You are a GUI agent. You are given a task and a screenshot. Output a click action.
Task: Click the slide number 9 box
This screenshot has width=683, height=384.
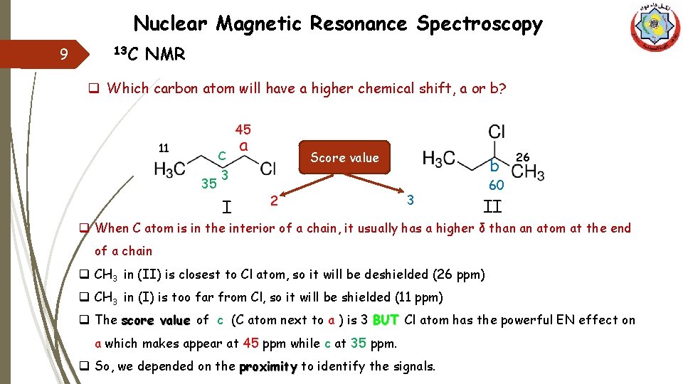pos(64,54)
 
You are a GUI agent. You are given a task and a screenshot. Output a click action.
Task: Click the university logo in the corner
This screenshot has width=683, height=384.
pos(655,28)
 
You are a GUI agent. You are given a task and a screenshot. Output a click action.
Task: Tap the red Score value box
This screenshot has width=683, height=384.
pos(344,158)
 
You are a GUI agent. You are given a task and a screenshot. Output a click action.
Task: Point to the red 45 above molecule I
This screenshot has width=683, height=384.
pos(243,129)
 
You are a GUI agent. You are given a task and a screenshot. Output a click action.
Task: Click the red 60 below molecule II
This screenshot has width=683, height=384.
pos(496,186)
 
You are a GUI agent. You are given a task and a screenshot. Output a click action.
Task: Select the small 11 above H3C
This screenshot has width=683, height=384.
pos(164,149)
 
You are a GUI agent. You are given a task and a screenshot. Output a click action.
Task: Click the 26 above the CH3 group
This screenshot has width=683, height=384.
pos(523,156)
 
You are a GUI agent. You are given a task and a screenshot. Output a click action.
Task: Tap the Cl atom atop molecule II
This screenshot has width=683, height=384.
pos(497,132)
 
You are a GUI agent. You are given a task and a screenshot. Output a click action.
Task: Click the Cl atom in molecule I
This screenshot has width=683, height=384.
pos(268,169)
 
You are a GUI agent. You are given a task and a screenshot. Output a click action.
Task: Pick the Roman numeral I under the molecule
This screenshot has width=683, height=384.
pos(226,208)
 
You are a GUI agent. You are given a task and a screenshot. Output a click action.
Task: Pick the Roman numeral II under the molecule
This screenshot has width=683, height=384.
pos(492,208)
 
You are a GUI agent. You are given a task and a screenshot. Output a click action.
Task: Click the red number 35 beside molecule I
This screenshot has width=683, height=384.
pos(208,184)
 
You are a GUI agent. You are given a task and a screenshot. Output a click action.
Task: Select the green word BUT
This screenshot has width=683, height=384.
pos(385,320)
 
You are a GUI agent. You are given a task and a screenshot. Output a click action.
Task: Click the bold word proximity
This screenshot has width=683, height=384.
pos(267,367)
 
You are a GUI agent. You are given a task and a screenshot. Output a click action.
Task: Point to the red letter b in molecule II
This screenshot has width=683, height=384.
pos(494,167)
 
